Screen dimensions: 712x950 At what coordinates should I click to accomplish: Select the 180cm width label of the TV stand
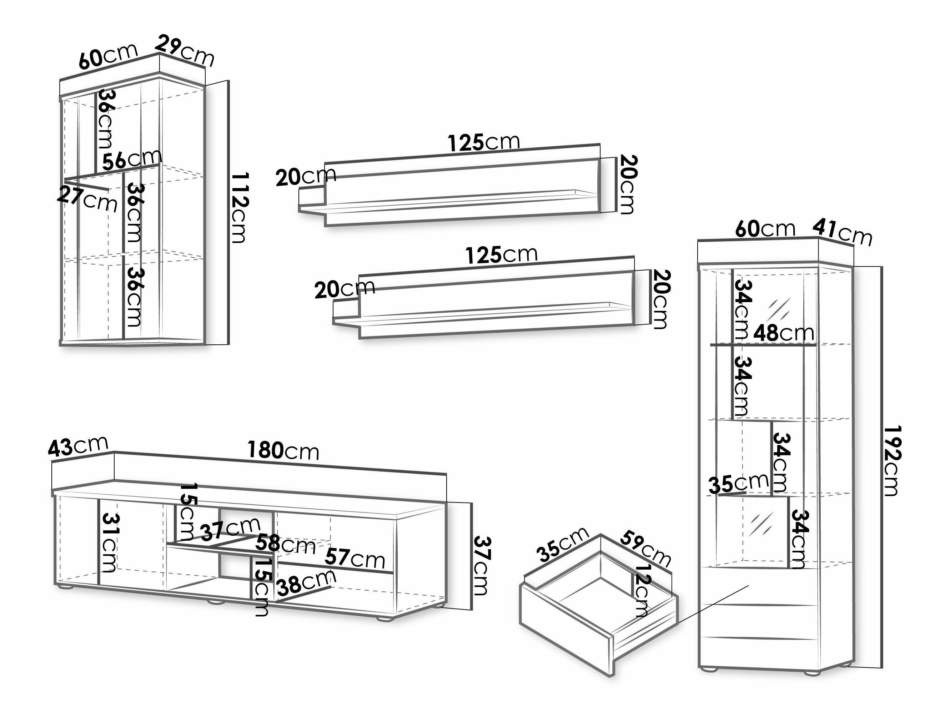[x=283, y=451]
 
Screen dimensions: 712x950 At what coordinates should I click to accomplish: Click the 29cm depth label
[x=185, y=51]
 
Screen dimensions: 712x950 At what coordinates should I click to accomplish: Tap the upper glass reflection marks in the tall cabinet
[x=779, y=308]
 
